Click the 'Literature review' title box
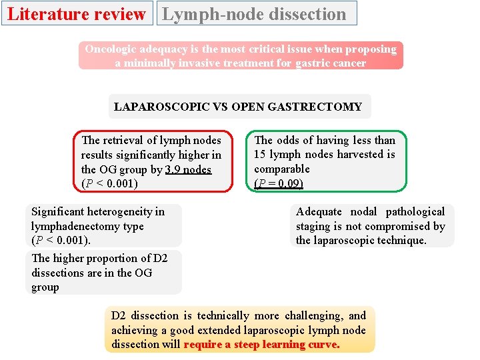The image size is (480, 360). [76, 13]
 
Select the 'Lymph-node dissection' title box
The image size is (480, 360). [256, 13]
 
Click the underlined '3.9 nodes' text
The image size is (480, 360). [188, 169]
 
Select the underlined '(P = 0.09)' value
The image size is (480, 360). [279, 183]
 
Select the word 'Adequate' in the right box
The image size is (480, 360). [318, 212]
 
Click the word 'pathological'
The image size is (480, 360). [415, 212]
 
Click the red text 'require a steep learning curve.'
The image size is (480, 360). [261, 345]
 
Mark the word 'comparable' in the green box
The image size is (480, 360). [282, 169]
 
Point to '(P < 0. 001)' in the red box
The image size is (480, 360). [109, 183]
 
